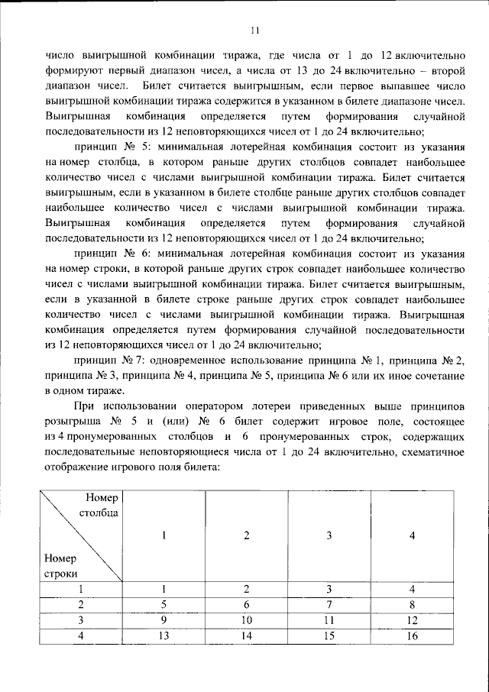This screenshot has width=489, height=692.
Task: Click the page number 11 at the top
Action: [255, 31]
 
